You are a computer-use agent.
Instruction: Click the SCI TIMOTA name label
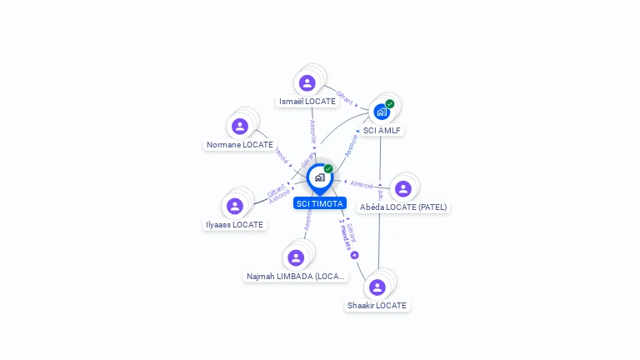pyautogui.click(x=320, y=203)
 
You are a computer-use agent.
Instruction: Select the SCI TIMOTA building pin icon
pyautogui.click(x=319, y=177)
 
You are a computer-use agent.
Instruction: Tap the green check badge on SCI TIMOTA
pyautogui.click(x=328, y=169)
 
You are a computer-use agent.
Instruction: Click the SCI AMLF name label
pyautogui.click(x=382, y=130)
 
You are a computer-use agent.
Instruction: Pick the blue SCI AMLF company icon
pyautogui.click(x=382, y=112)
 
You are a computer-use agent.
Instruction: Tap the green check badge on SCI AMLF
pyautogui.click(x=390, y=104)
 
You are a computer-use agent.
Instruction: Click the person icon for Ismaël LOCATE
pyautogui.click(x=307, y=82)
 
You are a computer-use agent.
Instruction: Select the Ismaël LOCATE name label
pyautogui.click(x=307, y=102)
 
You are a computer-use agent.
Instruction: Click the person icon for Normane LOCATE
pyautogui.click(x=240, y=126)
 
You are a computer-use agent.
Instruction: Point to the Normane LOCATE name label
pyautogui.click(x=240, y=145)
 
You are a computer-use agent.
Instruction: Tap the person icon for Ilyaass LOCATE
pyautogui.click(x=235, y=206)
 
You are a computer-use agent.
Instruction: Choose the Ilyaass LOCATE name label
pyautogui.click(x=235, y=225)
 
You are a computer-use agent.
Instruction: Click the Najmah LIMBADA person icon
pyautogui.click(x=296, y=257)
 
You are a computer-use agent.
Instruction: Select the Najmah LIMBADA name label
pyautogui.click(x=296, y=277)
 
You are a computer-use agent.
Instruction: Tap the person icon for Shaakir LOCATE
pyautogui.click(x=377, y=287)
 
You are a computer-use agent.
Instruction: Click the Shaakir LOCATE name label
pyautogui.click(x=377, y=306)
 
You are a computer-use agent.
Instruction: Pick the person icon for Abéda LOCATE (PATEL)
pyautogui.click(x=403, y=188)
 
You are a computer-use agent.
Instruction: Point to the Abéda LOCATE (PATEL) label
pyautogui.click(x=404, y=207)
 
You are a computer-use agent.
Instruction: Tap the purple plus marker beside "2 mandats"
pyautogui.click(x=354, y=255)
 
